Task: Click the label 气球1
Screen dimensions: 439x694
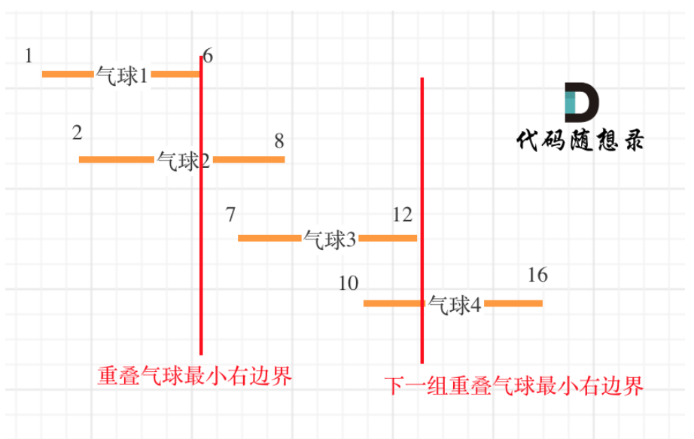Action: click(122, 75)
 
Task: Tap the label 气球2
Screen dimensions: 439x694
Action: click(183, 160)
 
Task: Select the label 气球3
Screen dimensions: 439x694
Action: click(330, 239)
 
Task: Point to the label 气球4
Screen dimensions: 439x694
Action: click(455, 304)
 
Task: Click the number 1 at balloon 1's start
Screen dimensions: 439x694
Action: click(29, 56)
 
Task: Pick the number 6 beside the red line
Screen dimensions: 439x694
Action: click(209, 56)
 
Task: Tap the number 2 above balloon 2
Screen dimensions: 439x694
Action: click(78, 133)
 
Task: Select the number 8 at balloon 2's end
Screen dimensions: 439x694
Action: click(279, 141)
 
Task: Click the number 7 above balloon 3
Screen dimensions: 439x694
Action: click(231, 215)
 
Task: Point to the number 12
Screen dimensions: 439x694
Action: click(402, 215)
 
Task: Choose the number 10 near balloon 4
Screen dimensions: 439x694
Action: click(349, 284)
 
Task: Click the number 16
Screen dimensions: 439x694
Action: click(537, 275)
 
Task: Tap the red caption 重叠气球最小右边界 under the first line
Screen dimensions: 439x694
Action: click(194, 376)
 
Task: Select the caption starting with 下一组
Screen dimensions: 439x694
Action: click(515, 387)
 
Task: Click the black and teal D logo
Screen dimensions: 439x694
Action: click(580, 103)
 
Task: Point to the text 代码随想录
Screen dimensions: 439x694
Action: click(580, 140)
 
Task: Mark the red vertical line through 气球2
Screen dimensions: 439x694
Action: click(201, 226)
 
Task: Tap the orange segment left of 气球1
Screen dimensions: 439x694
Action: click(67, 74)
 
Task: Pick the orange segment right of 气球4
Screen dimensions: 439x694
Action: click(513, 303)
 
